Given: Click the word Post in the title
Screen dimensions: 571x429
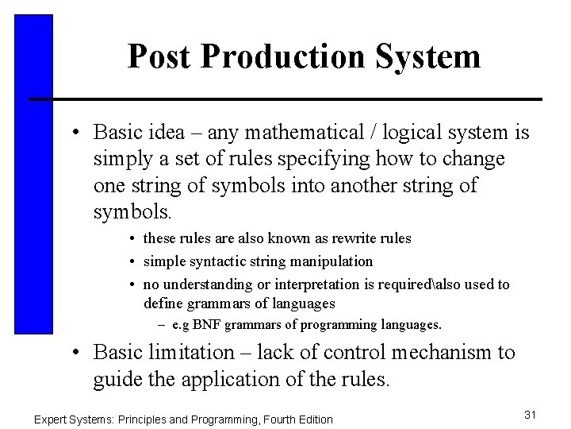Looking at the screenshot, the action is [159, 57].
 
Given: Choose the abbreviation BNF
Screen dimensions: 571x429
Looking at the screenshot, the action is [209, 325].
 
